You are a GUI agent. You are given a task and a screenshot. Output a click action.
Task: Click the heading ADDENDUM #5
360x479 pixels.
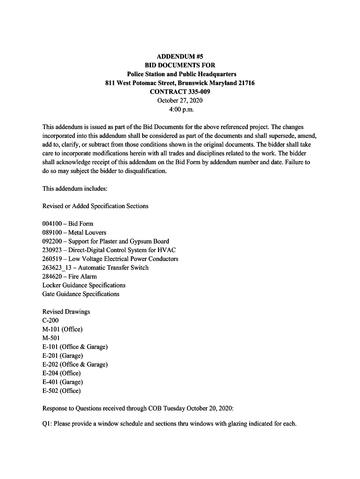pyautogui.click(x=180, y=57)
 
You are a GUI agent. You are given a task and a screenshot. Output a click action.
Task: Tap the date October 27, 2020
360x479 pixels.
pyautogui.click(x=180, y=101)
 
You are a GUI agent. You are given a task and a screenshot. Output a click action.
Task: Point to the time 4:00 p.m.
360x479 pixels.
pyautogui.click(x=180, y=109)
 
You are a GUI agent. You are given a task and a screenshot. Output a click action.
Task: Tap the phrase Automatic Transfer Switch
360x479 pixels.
pyautogui.click(x=113, y=268)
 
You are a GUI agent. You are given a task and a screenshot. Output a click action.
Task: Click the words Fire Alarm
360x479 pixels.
pyautogui.click(x=83, y=276)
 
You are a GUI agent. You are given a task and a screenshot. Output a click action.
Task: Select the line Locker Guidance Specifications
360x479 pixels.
pyautogui.click(x=84, y=285)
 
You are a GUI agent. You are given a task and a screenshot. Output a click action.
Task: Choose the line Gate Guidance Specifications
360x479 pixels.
pyautogui.click(x=81, y=294)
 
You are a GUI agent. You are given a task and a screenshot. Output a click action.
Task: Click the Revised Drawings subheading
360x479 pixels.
pyautogui.click(x=66, y=312)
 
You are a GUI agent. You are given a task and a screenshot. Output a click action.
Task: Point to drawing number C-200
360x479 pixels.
pyautogui.click(x=50, y=320)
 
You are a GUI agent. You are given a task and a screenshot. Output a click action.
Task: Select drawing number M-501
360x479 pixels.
pyautogui.click(x=51, y=338)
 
